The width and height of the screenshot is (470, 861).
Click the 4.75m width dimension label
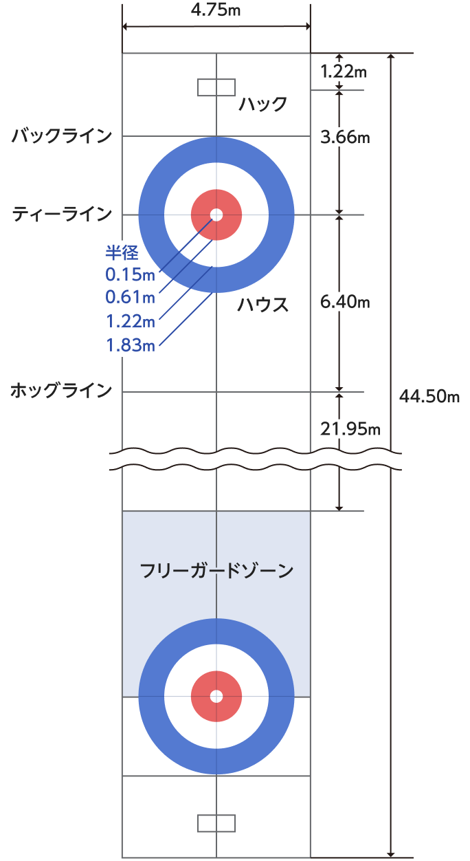(x=216, y=10)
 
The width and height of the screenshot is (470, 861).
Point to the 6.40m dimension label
(x=346, y=301)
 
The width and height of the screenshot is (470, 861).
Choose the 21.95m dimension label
(x=350, y=428)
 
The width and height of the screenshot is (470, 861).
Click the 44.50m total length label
(x=429, y=397)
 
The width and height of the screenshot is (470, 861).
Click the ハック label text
(x=263, y=105)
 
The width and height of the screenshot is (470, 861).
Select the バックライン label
(x=62, y=135)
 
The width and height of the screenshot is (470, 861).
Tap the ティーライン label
(x=62, y=215)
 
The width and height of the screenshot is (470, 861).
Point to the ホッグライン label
(x=61, y=391)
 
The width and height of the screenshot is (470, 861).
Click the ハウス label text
(x=263, y=305)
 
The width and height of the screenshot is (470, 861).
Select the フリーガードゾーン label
(x=216, y=571)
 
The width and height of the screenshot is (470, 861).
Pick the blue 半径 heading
(x=122, y=252)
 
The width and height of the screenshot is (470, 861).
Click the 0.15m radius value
(x=131, y=274)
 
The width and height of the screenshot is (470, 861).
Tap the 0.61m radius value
(x=131, y=297)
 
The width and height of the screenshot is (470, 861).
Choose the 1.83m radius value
(x=131, y=345)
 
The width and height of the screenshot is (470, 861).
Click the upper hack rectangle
(x=216, y=87)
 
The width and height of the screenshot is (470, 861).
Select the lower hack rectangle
(x=216, y=823)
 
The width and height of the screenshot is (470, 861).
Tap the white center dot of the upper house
(x=216, y=215)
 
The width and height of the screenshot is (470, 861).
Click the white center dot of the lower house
(x=216, y=697)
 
